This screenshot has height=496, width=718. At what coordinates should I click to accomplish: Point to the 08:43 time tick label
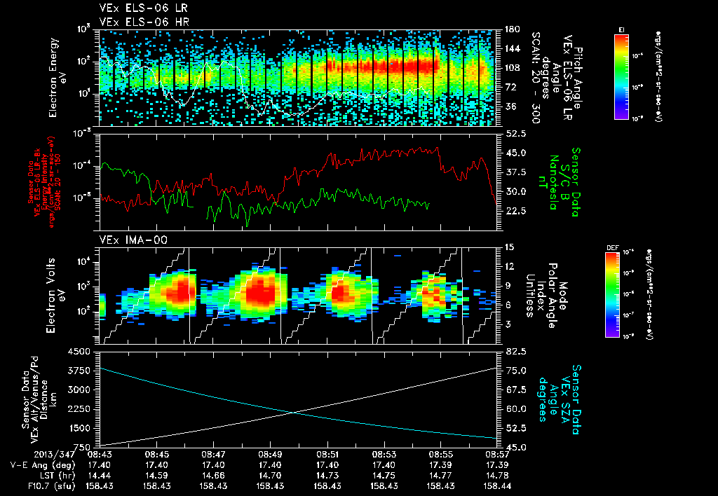(100, 455)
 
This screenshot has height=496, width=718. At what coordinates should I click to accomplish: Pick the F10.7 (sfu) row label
(39, 485)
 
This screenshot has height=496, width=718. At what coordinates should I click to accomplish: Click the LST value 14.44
(100, 475)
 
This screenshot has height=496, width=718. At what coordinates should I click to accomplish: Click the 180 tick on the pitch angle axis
(510, 29)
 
